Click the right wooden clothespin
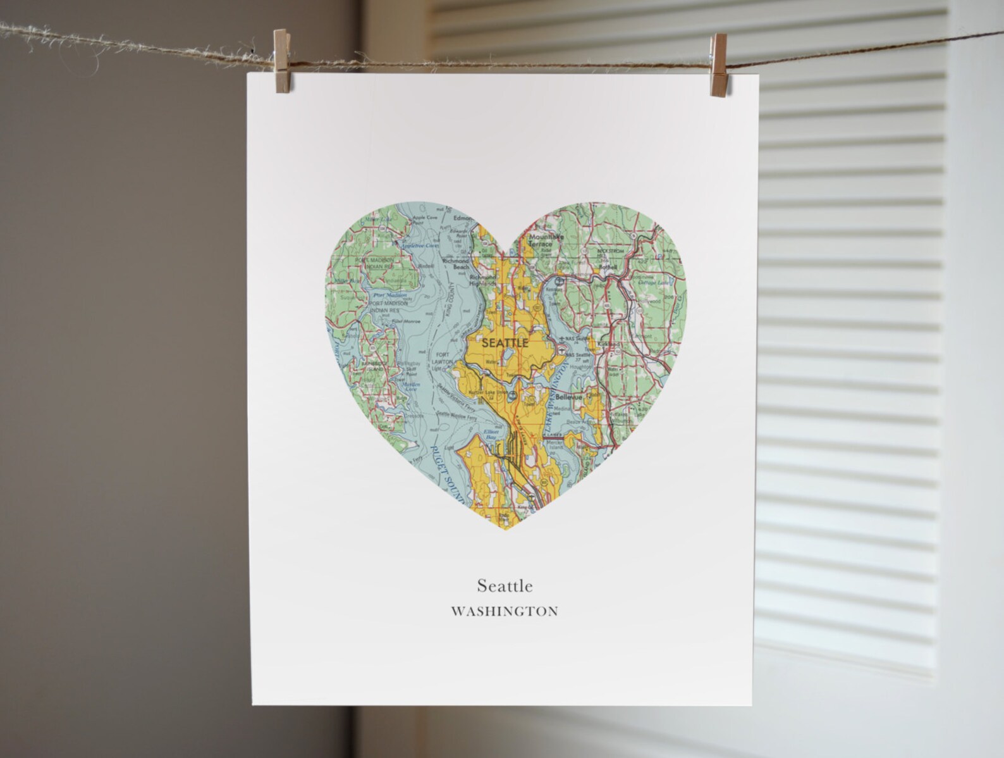pyautogui.click(x=718, y=66)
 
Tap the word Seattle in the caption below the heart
pyautogui.click(x=505, y=585)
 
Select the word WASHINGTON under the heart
pyautogui.click(x=505, y=612)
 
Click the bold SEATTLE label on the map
pyautogui.click(x=505, y=343)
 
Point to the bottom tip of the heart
pyautogui.click(x=506, y=529)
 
